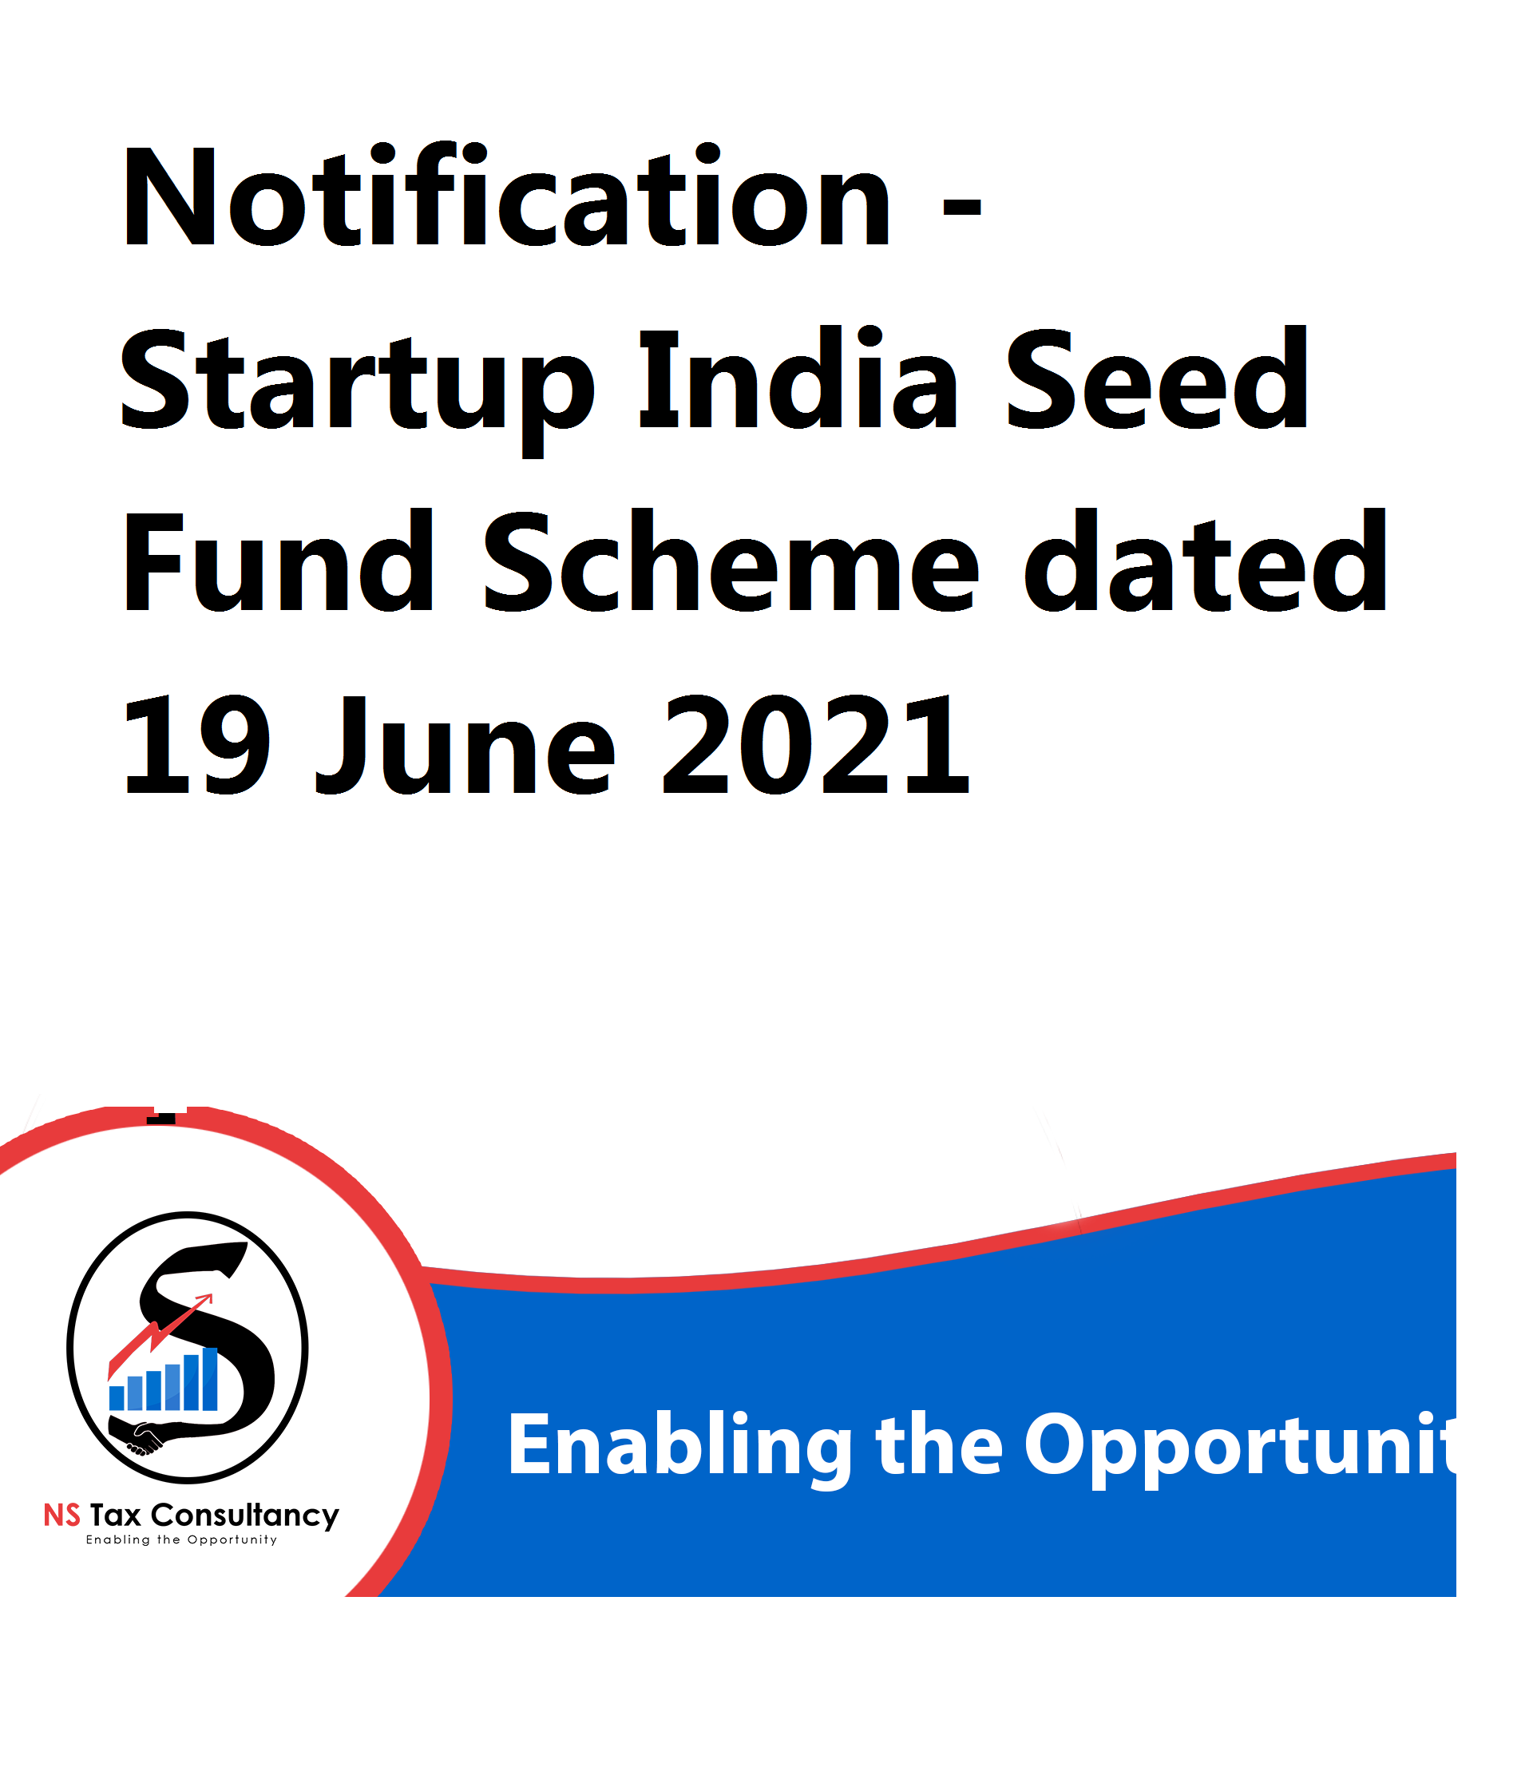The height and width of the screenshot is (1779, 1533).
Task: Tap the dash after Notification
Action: click(x=961, y=208)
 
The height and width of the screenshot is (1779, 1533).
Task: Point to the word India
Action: click(x=798, y=378)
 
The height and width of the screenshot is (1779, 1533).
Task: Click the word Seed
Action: click(x=1157, y=378)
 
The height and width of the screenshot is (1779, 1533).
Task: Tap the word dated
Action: click(x=1205, y=561)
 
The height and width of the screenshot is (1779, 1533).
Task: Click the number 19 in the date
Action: click(x=196, y=744)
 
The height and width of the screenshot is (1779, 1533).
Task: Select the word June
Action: click(x=465, y=744)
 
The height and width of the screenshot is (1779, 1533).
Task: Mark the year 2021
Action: click(x=816, y=744)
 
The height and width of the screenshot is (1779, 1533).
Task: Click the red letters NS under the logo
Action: click(x=61, y=1516)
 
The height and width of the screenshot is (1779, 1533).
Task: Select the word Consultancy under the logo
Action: click(x=245, y=1516)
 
